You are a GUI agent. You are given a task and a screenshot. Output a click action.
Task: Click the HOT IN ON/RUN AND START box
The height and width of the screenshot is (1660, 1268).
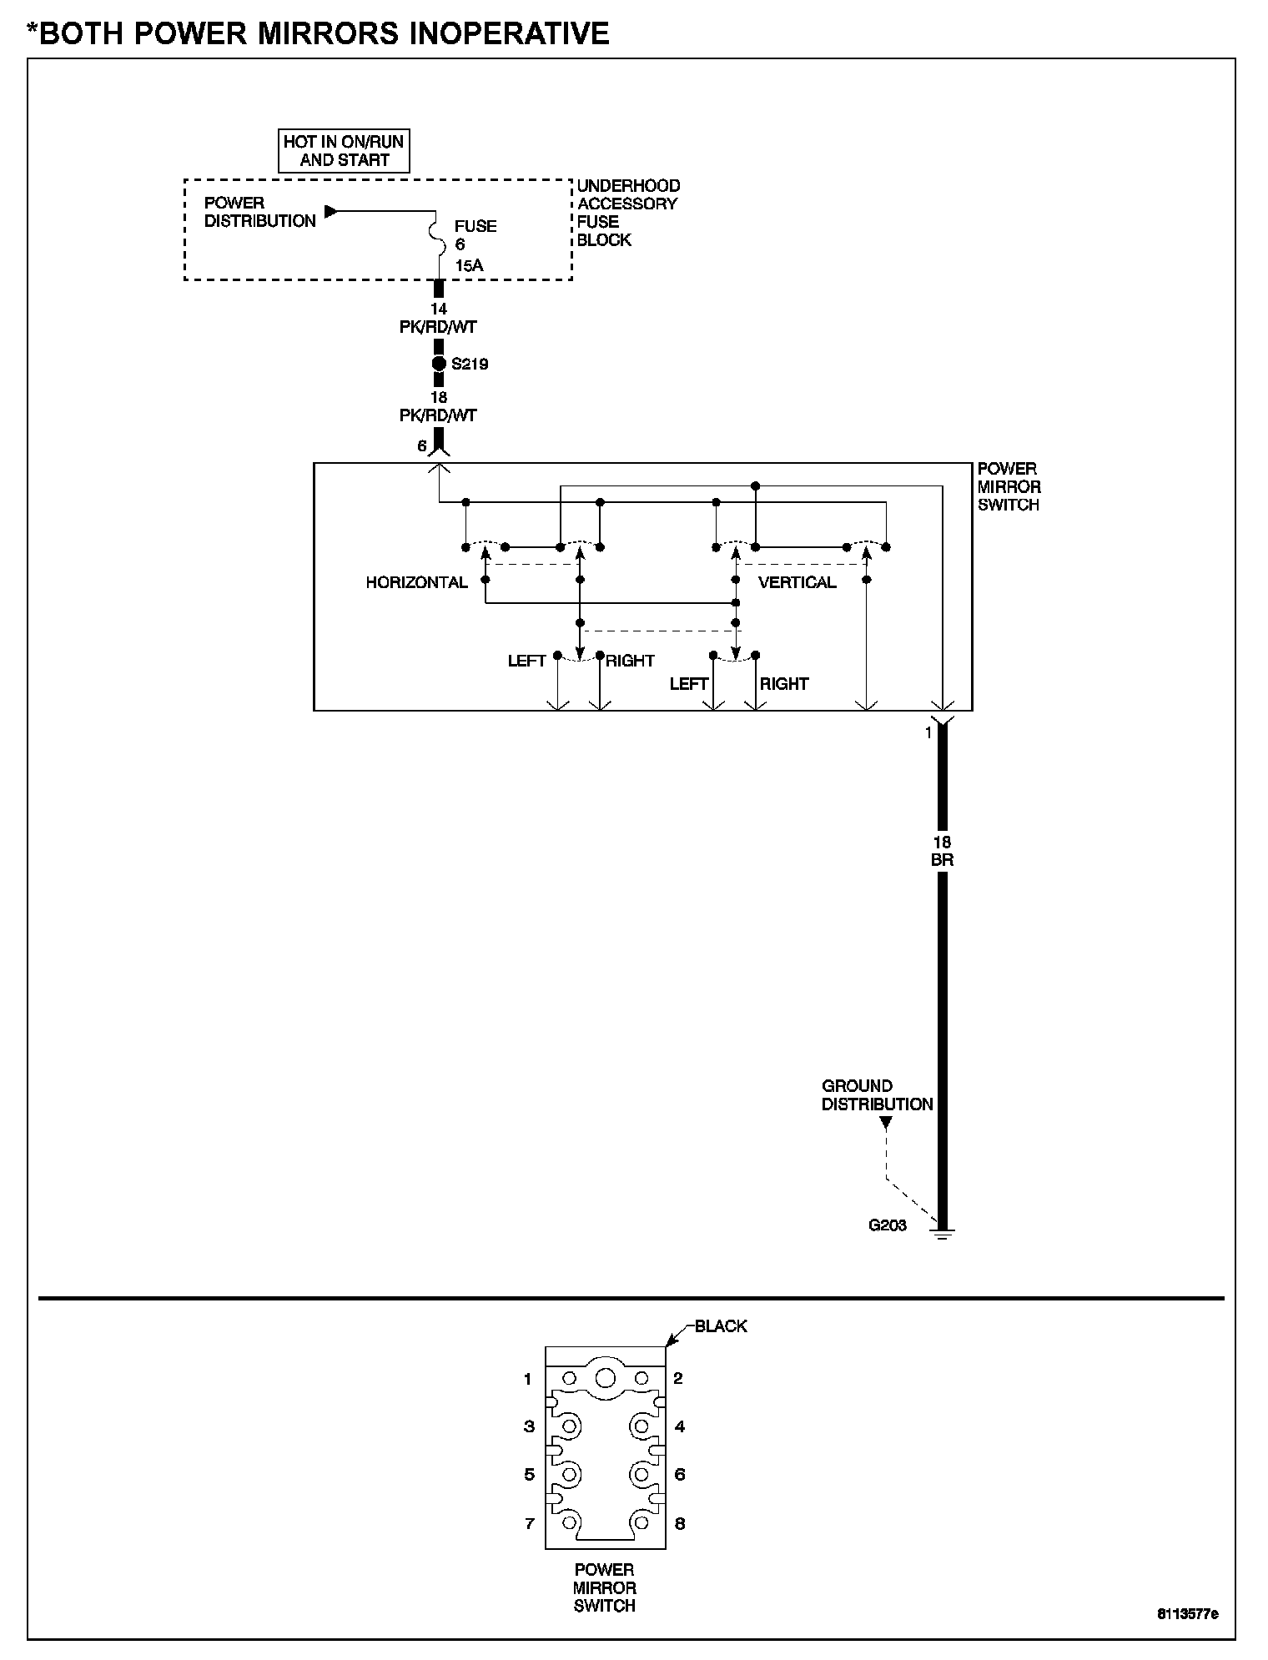pos(344,151)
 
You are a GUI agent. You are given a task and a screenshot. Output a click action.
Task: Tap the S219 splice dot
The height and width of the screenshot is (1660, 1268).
pos(439,364)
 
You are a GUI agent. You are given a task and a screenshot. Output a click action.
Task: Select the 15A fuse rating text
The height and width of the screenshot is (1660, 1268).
pos(469,266)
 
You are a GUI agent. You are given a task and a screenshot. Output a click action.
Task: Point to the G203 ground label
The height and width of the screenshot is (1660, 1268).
pos(887,1225)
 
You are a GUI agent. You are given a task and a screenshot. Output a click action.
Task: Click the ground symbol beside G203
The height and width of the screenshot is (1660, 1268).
pos(943,1232)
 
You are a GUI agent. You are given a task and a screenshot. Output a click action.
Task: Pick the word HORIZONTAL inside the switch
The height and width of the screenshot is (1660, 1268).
pos(416,582)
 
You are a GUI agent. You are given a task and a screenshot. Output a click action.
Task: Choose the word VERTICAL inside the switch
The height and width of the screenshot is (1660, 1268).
pos(797,582)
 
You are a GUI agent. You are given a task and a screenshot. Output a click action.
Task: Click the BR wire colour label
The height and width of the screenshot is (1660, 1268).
pos(942,860)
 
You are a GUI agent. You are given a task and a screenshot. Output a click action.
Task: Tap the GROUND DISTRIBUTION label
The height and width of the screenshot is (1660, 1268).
pos(877,1095)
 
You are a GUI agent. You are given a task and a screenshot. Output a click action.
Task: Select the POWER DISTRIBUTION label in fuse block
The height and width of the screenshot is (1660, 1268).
pos(259,212)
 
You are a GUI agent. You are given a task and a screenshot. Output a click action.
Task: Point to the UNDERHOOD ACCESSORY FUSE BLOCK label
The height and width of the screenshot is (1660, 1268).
pos(628,213)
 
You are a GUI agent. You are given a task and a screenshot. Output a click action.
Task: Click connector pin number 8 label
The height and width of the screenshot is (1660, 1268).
pos(679,1524)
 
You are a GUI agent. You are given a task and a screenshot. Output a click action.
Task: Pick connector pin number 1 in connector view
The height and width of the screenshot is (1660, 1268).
pos(527,1379)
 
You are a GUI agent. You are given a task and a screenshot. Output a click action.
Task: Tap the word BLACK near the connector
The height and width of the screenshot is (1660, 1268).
pos(721,1326)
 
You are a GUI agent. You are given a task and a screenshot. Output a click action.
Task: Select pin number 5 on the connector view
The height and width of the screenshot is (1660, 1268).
pos(529,1475)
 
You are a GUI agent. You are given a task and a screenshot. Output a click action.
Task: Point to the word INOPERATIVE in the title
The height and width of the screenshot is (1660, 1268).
pos(492,33)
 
